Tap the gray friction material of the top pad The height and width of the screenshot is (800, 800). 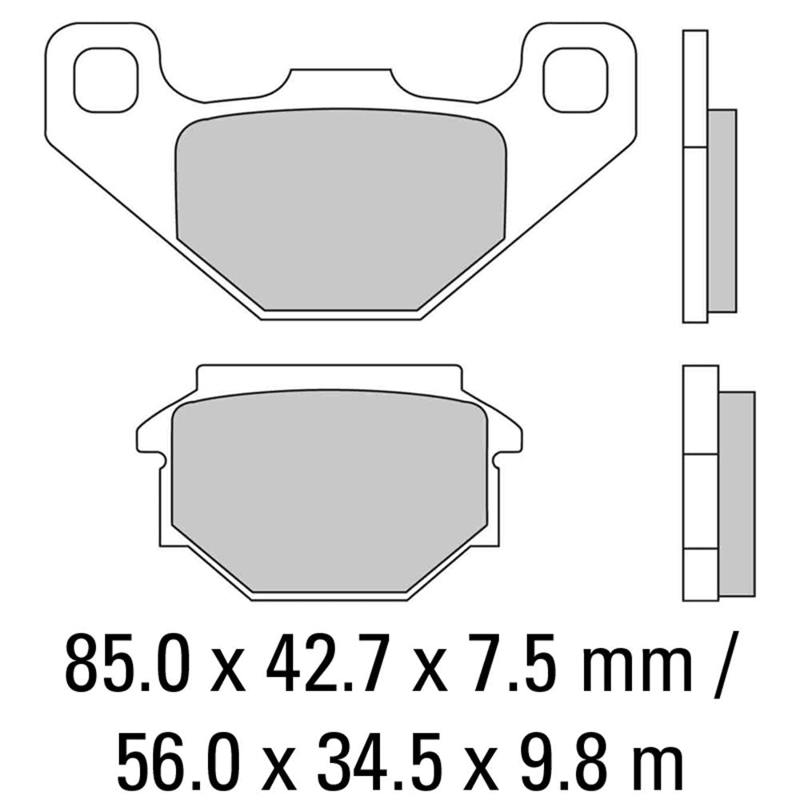click(x=340, y=208)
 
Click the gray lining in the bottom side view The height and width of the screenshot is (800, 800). click(x=737, y=493)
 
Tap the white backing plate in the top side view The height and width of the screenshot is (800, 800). click(x=694, y=176)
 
